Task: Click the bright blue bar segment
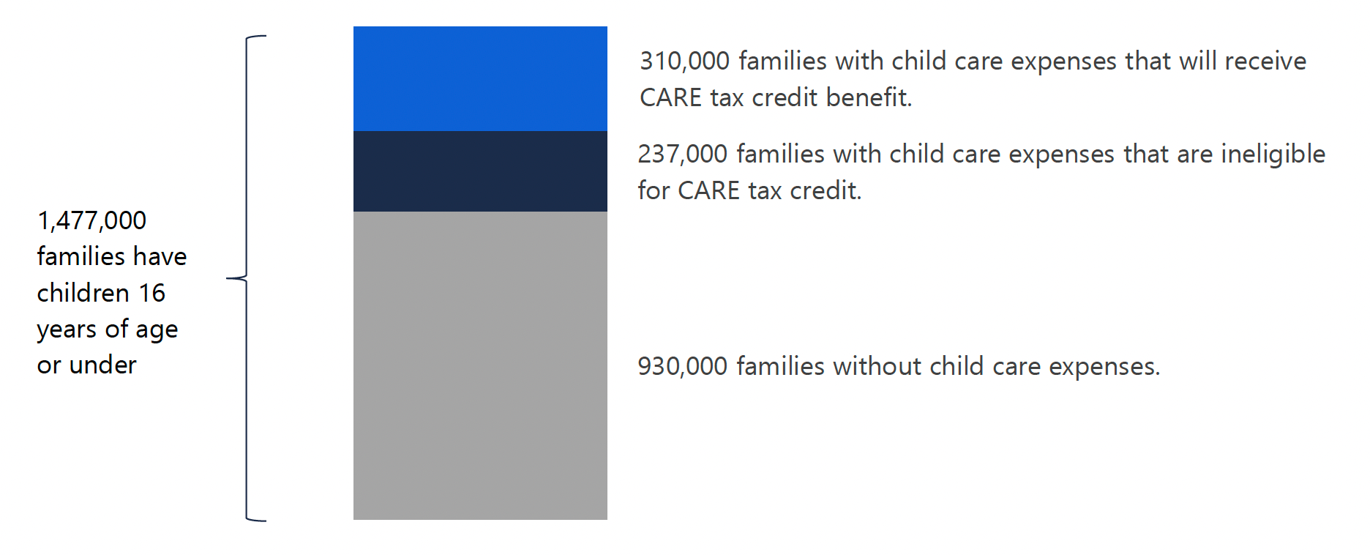point(480,79)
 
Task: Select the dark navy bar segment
point(480,171)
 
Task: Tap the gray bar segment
point(480,365)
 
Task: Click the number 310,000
point(684,61)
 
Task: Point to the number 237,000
point(682,154)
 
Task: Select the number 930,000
point(682,366)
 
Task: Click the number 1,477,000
point(91,220)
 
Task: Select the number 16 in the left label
point(152,293)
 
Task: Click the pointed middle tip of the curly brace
point(228,278)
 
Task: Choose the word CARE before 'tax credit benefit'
point(670,97)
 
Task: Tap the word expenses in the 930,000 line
point(1105,367)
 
